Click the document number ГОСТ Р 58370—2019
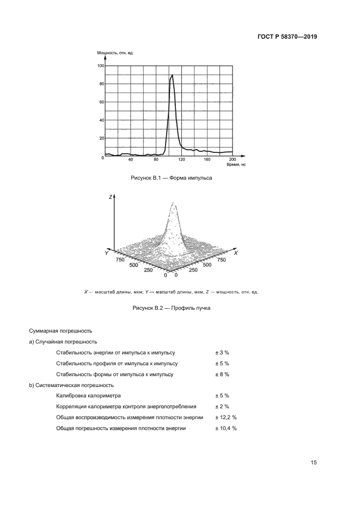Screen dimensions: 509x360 pyautogui.click(x=286, y=37)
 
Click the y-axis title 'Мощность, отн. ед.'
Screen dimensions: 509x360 pyautogui.click(x=115, y=53)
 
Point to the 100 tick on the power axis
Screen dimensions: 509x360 pyautogui.click(x=101, y=66)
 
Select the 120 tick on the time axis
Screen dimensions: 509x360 pyautogui.click(x=181, y=160)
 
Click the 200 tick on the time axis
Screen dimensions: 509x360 pyautogui.click(x=233, y=160)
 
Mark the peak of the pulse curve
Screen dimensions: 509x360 pyautogui.click(x=172, y=75)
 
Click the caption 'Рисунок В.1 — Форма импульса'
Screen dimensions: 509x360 pyautogui.click(x=172, y=178)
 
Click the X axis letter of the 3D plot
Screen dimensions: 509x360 pyautogui.click(x=235, y=253)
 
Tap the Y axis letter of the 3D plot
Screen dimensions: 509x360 pyautogui.click(x=107, y=254)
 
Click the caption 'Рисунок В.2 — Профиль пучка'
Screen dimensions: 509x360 pyautogui.click(x=172, y=308)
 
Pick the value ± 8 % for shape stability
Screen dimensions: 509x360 pyautogui.click(x=222, y=374)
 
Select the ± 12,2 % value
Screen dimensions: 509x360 pyautogui.click(x=225, y=418)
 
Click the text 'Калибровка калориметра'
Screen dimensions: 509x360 pyautogui.click(x=89, y=396)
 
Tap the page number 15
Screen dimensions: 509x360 pyautogui.click(x=314, y=463)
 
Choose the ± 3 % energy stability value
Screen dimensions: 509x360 pyautogui.click(x=222, y=352)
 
